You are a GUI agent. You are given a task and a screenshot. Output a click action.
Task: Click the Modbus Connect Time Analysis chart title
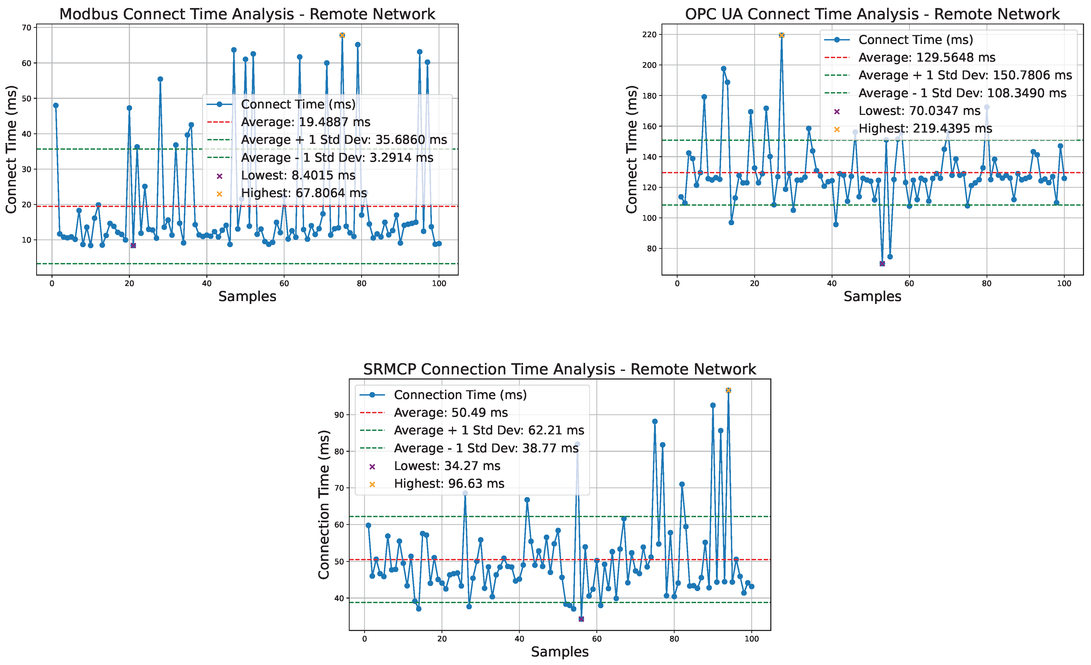tap(247, 14)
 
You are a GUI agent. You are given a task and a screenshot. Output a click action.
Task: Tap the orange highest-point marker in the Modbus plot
tap(342, 35)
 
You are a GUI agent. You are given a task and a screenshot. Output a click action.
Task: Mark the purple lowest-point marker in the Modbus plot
tap(133, 246)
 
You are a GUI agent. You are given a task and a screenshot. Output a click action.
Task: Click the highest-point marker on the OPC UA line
tap(782, 35)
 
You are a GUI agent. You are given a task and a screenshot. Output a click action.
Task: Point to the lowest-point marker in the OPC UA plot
tap(882, 264)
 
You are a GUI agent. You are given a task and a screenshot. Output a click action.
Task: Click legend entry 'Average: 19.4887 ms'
tap(305, 122)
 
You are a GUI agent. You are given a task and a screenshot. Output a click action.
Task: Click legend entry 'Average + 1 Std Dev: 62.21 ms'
tap(489, 430)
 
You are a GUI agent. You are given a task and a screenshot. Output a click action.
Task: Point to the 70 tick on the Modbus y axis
tap(27, 27)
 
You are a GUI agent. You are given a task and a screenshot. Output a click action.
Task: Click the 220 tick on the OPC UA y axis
tap(649, 35)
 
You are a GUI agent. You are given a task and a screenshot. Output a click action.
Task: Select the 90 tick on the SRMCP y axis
tap(339, 415)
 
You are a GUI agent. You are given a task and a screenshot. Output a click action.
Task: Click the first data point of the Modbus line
tap(56, 105)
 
